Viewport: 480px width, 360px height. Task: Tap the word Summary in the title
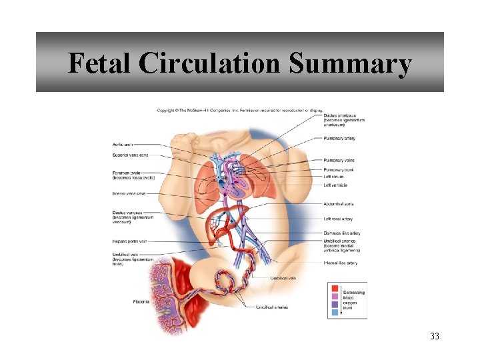(x=351, y=64)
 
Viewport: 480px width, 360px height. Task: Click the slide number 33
(x=435, y=336)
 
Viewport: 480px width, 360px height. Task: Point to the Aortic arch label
(x=123, y=145)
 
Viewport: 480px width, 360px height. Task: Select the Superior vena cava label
(x=130, y=155)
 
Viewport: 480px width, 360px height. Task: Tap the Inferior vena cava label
(x=129, y=193)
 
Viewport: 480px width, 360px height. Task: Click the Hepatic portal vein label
(x=130, y=241)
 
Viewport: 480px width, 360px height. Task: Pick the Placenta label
(x=141, y=302)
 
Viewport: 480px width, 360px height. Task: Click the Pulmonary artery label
(x=339, y=139)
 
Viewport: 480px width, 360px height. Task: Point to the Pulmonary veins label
(x=339, y=160)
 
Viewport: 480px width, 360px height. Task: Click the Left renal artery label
(x=337, y=219)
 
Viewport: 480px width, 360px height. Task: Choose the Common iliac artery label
(x=341, y=233)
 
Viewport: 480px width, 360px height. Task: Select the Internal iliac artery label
(x=340, y=263)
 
